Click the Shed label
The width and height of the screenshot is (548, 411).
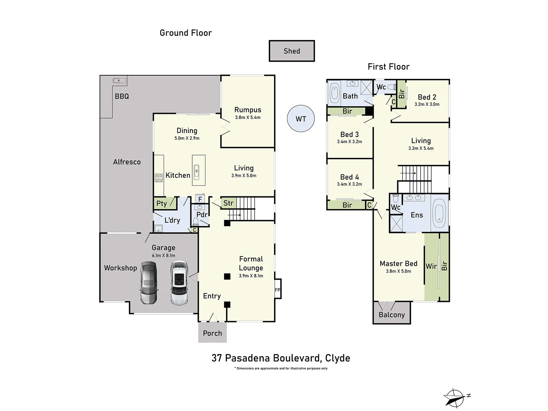pyautogui.click(x=292, y=51)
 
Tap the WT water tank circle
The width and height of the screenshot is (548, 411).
pyautogui.click(x=301, y=118)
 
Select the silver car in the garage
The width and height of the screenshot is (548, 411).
pyautogui.click(x=149, y=283)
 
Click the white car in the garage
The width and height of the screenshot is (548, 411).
pyautogui.click(x=179, y=283)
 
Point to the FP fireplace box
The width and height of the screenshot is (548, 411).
pyautogui.click(x=278, y=289)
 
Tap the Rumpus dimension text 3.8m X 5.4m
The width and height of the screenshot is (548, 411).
pyautogui.click(x=248, y=117)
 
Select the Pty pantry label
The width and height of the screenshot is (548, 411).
pyautogui.click(x=161, y=203)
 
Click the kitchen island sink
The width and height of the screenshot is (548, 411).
pyautogui.click(x=196, y=172)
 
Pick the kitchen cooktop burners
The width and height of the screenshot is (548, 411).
pyautogui.click(x=159, y=178)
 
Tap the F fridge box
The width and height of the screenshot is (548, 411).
pyautogui.click(x=200, y=199)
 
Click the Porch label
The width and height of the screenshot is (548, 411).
pyautogui.click(x=212, y=333)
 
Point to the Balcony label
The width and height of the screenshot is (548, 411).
pyautogui.click(x=392, y=315)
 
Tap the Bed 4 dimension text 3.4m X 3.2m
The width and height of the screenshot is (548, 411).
pyautogui.click(x=349, y=184)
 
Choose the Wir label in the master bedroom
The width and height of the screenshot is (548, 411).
pyautogui.click(x=431, y=266)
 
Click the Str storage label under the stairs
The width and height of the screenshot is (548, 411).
pyautogui.click(x=228, y=203)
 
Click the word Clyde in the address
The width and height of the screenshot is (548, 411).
pyautogui.click(x=338, y=358)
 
